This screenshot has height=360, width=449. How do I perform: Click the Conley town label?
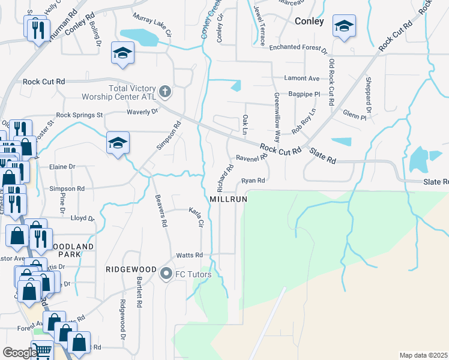click(310, 21)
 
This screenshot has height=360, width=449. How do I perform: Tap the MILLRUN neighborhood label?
click(229, 199)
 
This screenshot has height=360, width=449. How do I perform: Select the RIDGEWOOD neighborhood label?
click(131, 269)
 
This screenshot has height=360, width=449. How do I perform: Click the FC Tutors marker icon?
click(166, 274)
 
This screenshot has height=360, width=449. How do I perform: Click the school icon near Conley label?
click(344, 26)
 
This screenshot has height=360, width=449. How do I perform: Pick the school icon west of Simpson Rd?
click(118, 143)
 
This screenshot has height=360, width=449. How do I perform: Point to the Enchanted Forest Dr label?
click(298, 48)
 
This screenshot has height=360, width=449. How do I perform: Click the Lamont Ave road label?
click(302, 79)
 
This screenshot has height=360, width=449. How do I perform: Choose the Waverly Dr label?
click(142, 112)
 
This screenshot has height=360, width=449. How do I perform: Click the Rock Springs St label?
click(79, 115)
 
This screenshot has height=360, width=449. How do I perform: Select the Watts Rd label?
click(189, 255)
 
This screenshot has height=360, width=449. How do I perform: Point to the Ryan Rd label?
click(253, 180)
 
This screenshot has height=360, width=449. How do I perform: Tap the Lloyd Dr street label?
click(83, 219)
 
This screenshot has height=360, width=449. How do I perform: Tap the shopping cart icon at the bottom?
click(42, 350)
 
